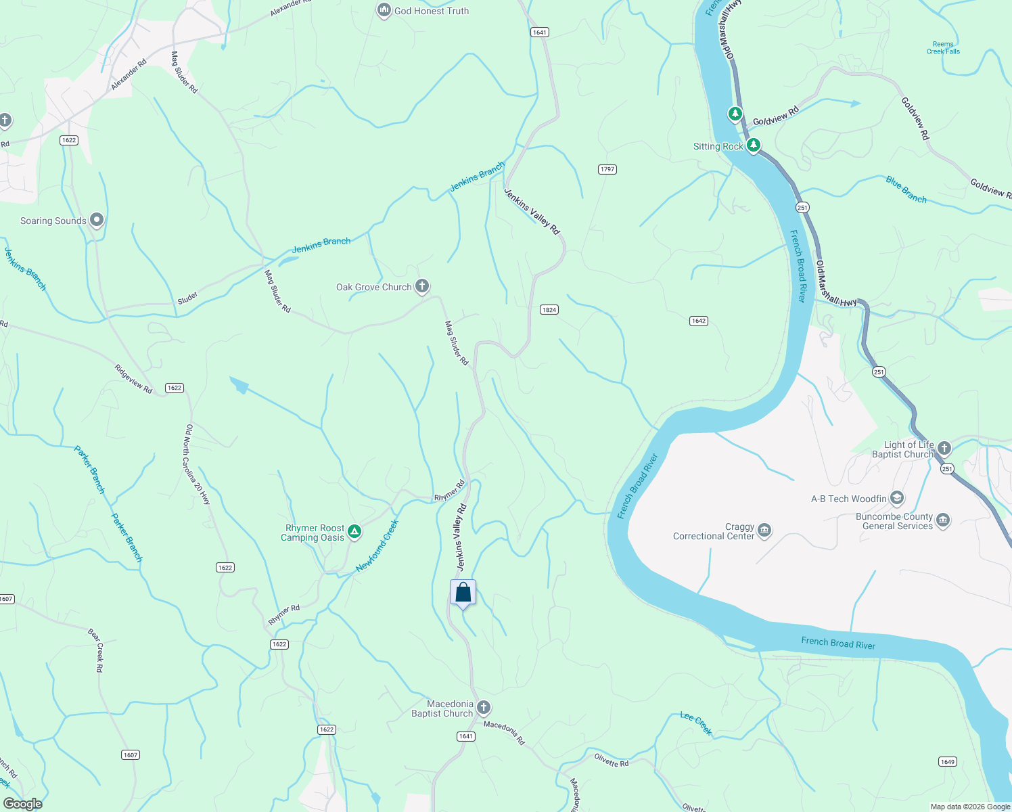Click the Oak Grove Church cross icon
click(x=422, y=286)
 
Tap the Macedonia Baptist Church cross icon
click(x=483, y=708)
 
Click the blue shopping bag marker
click(x=463, y=593)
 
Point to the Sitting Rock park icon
click(x=753, y=145)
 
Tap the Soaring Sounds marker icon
click(x=97, y=220)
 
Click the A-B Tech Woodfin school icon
click(x=897, y=499)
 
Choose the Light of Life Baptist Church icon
click(x=944, y=448)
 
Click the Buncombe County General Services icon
click(x=943, y=520)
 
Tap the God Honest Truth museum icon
click(x=384, y=10)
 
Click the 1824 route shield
click(x=549, y=310)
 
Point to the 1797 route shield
click(x=607, y=169)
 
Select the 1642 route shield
click(x=699, y=321)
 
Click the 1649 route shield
click(x=948, y=762)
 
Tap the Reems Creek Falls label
click(x=943, y=47)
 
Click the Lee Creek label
click(x=696, y=723)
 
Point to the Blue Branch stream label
click(x=906, y=189)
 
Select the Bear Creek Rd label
click(x=96, y=650)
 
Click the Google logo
click(x=23, y=804)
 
